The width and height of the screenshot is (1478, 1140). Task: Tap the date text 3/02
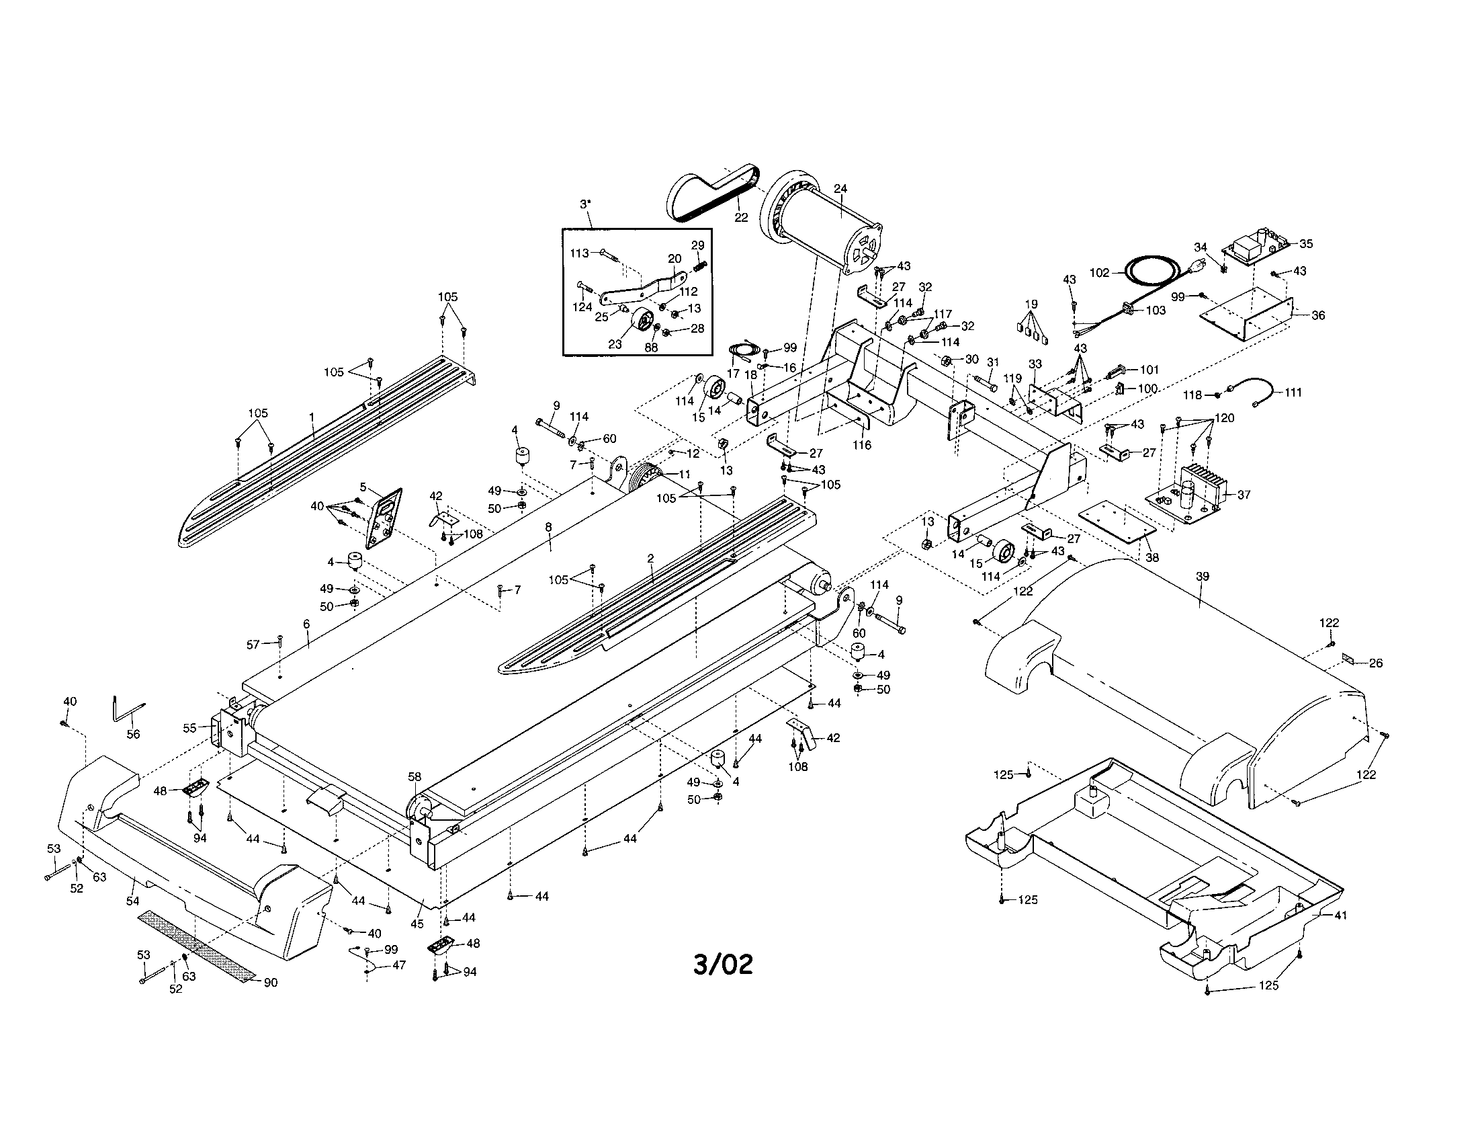point(723,965)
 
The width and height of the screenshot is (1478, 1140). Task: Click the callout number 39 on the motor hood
point(1202,577)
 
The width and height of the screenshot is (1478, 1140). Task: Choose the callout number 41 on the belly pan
point(1341,915)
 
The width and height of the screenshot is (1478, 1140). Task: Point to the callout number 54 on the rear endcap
point(133,901)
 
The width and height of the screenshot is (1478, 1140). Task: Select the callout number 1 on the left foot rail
point(312,417)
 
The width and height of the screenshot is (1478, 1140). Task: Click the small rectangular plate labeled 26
point(1348,658)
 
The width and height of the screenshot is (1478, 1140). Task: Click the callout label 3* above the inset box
point(585,204)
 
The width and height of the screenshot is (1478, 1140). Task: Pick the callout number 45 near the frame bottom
point(417,924)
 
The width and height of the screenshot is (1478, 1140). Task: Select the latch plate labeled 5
point(384,518)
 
